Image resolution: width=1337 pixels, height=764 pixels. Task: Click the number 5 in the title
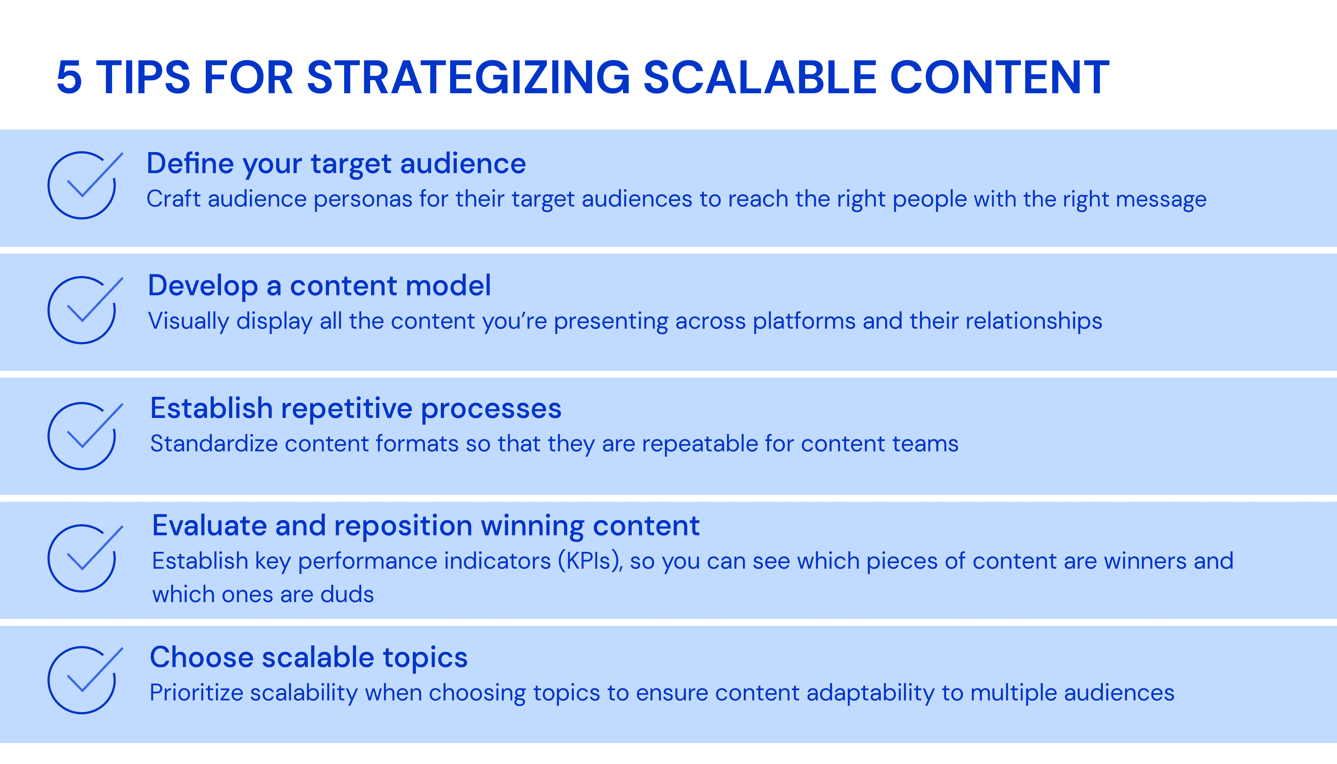[69, 78]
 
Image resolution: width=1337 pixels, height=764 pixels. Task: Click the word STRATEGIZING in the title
[468, 78]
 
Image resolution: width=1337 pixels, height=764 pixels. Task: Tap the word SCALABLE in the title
[759, 78]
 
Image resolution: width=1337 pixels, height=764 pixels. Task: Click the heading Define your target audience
[336, 164]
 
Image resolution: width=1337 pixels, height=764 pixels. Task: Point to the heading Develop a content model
[319, 286]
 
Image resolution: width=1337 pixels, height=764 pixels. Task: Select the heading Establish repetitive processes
[355, 408]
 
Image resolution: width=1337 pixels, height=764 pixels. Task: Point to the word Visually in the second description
[188, 321]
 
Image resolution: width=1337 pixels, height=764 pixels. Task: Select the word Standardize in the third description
[213, 444]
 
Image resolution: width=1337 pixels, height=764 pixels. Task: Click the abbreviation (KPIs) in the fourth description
[590, 561]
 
